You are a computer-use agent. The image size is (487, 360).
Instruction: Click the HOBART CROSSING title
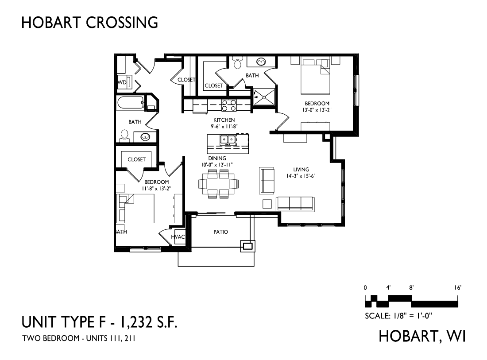pos(89,22)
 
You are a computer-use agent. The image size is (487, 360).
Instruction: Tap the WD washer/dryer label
pos(122,82)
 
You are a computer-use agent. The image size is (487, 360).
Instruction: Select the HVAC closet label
pos(178,237)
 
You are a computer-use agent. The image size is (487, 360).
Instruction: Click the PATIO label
pos(220,232)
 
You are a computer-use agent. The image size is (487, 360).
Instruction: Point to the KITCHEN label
pos(224,120)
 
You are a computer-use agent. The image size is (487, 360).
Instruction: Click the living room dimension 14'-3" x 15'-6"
pos(301,175)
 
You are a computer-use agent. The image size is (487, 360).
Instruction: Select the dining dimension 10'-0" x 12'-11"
pos(217,165)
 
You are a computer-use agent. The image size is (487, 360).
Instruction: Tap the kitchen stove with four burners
pos(229,105)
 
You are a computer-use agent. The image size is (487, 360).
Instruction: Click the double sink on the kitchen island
pos(228,140)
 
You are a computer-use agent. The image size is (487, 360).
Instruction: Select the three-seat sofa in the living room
pos(294,204)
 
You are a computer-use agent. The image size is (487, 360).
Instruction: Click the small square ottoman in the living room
pos(267,204)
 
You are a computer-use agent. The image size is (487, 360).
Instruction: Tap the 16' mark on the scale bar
pos(458,287)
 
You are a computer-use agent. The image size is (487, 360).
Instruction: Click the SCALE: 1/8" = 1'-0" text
pos(398,316)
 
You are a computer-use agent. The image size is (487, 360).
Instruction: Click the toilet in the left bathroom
pos(124,135)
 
